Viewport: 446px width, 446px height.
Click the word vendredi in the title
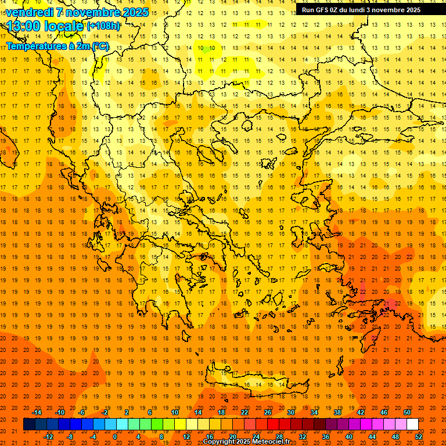tap(30, 12)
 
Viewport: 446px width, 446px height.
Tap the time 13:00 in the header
tap(24, 26)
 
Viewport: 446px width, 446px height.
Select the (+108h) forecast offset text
tap(103, 26)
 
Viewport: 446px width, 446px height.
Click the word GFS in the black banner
tap(323, 10)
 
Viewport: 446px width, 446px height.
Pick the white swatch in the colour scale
tap(412, 425)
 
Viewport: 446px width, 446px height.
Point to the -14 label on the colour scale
tap(37, 412)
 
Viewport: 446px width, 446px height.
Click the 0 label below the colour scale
tap(114, 437)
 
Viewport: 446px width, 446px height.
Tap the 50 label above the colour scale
tap(407, 412)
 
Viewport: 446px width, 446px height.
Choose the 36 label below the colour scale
tap(326, 437)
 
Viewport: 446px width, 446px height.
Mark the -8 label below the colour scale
tap(70, 437)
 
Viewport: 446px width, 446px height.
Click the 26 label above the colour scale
tap(268, 412)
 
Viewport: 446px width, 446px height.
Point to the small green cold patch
tap(204, 49)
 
